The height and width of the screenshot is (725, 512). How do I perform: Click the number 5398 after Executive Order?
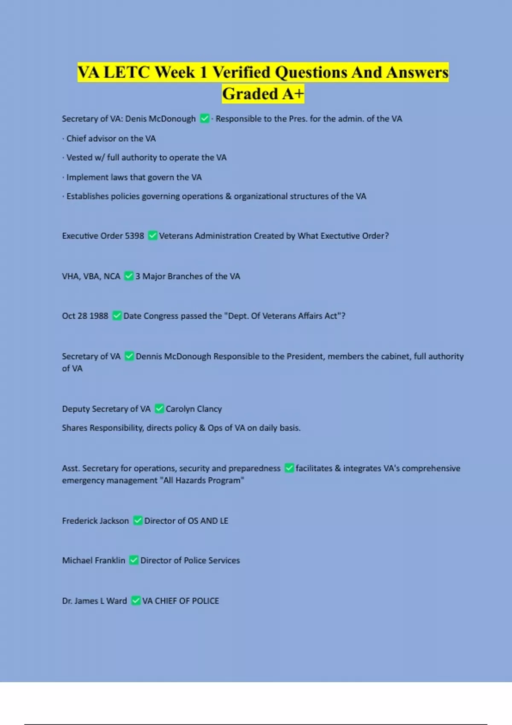(x=134, y=236)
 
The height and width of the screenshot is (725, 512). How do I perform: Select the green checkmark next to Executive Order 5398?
(x=152, y=235)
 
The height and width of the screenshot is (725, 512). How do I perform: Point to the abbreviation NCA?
(x=112, y=276)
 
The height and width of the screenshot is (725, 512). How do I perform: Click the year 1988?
(x=99, y=316)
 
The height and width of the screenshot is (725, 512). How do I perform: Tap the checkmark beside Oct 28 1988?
(x=117, y=316)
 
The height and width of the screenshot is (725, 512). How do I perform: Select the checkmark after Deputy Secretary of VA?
(x=159, y=409)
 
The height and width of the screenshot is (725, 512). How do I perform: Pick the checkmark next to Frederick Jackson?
(x=138, y=520)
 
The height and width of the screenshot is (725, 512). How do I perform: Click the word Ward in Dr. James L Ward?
(x=116, y=601)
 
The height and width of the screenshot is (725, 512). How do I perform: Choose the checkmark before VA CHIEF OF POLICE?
(x=136, y=600)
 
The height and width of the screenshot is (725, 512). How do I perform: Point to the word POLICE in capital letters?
(x=205, y=601)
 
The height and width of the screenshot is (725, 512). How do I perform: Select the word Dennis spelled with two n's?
(x=148, y=357)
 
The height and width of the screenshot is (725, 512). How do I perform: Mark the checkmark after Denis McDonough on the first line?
(x=204, y=119)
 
